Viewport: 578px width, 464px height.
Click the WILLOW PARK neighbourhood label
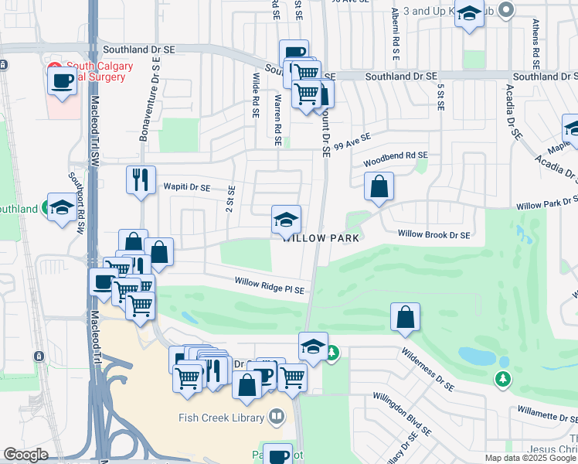[x=321, y=238]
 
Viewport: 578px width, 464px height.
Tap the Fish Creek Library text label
[x=221, y=418]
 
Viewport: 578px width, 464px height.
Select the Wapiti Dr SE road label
[x=186, y=187]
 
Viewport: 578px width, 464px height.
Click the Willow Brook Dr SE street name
[x=433, y=234]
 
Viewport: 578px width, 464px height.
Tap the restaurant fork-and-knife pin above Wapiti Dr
[x=141, y=179]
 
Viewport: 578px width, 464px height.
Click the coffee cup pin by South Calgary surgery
[x=62, y=80]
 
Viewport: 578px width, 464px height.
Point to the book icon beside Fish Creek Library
[x=276, y=418]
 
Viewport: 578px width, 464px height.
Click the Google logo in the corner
[x=25, y=455]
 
